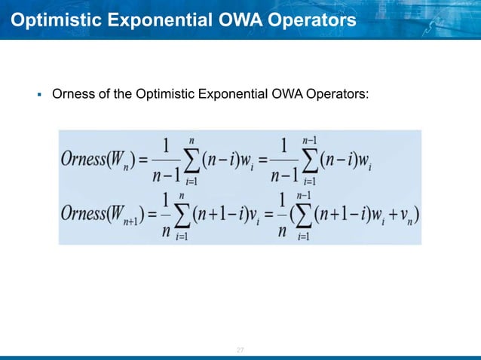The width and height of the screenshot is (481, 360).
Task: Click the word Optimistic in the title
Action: click(48, 20)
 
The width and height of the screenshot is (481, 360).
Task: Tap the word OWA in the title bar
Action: click(216, 20)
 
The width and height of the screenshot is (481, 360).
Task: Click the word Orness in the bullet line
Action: click(70, 96)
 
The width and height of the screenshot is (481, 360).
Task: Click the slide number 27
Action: click(240, 351)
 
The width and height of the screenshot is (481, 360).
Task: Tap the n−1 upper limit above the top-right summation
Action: click(309, 140)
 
